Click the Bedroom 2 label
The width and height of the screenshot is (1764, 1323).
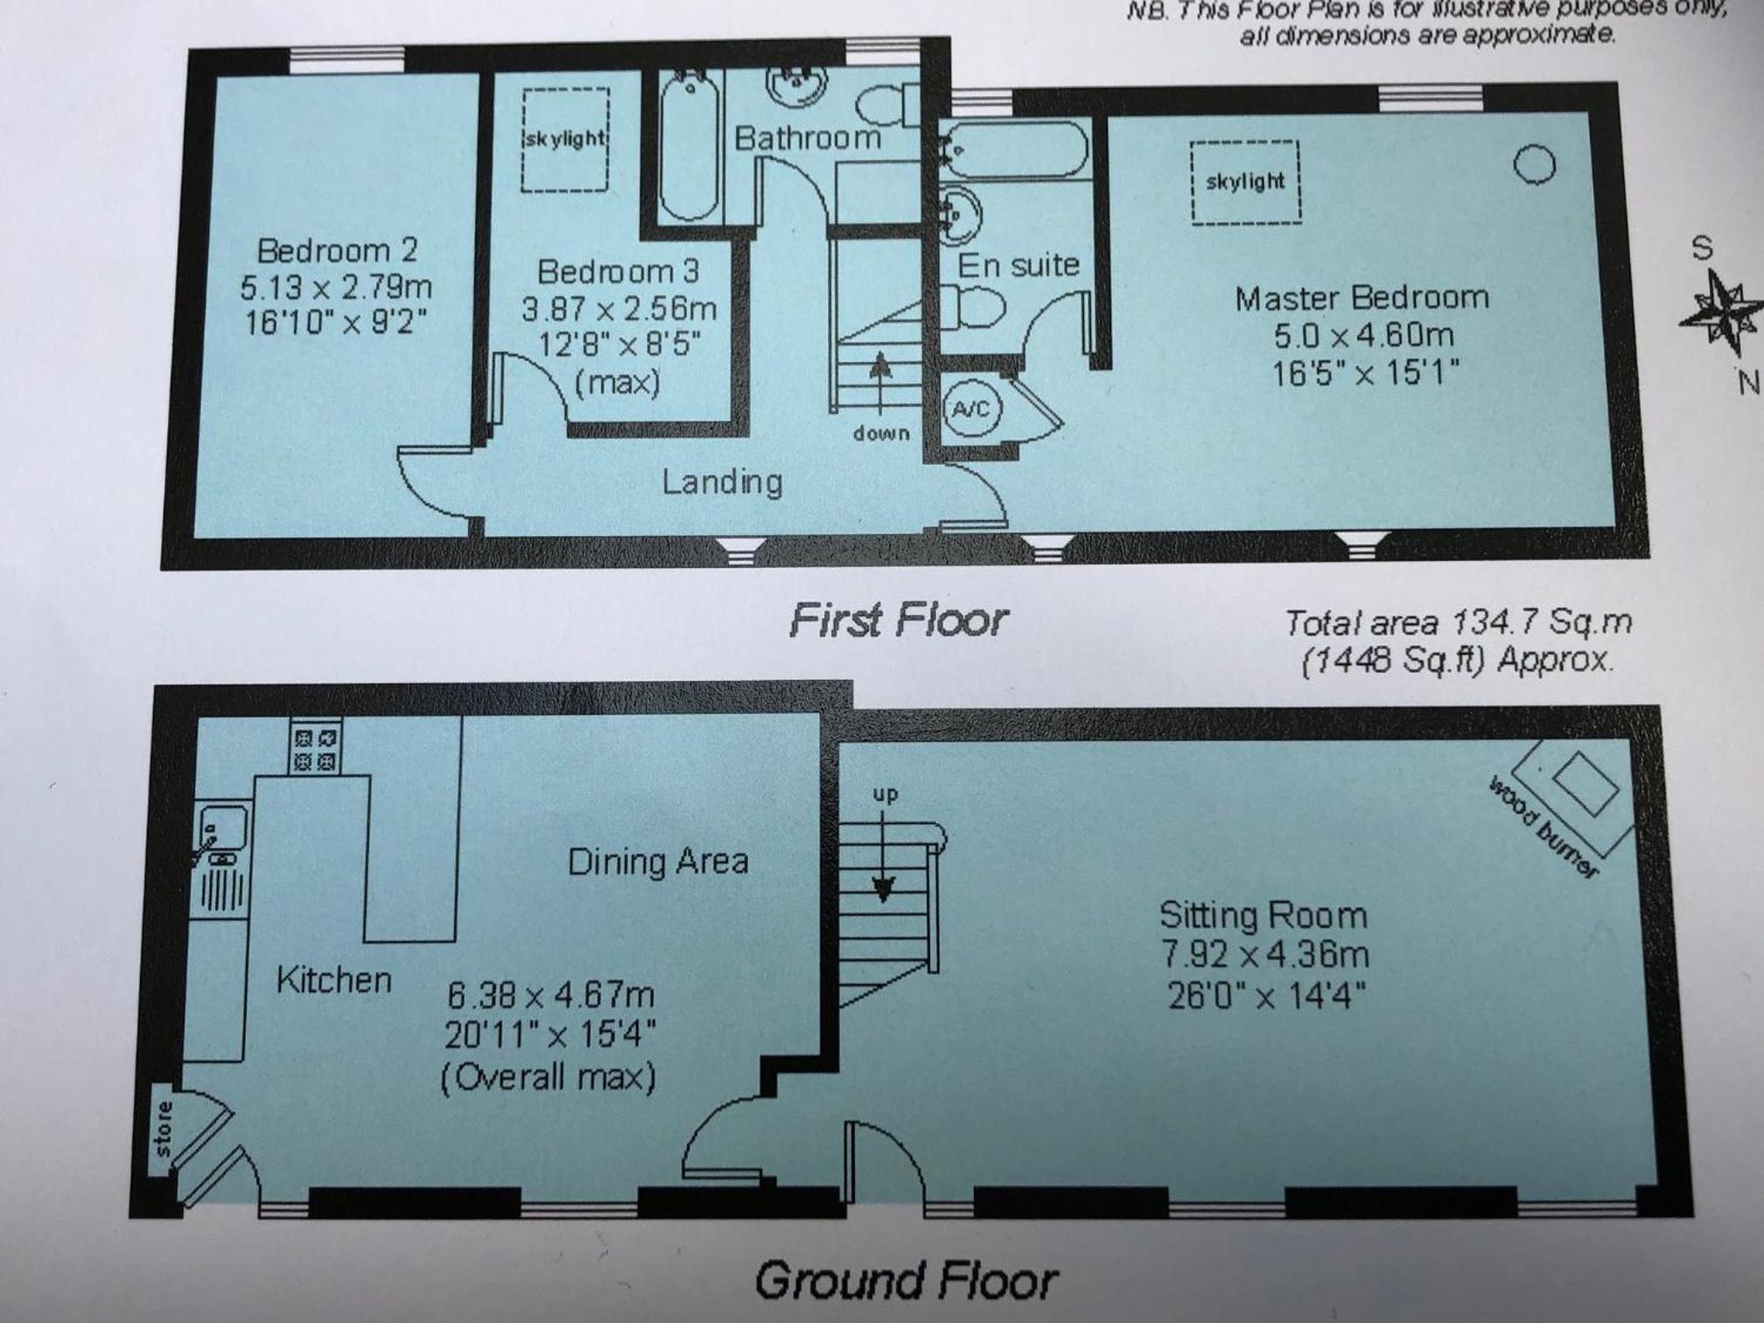click(x=337, y=251)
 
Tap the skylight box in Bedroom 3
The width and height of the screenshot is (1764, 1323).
click(x=566, y=139)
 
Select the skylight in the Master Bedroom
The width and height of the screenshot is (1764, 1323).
click(x=1245, y=182)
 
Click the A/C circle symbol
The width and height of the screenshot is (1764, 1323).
click(x=971, y=409)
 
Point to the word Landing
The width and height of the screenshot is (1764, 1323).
click(x=722, y=482)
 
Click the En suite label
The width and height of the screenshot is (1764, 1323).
click(x=1018, y=264)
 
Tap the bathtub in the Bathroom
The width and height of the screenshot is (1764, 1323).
click(x=689, y=147)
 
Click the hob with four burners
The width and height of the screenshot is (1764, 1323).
click(x=315, y=746)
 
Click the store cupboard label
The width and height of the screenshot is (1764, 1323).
click(x=163, y=1129)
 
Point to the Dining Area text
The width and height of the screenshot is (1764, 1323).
click(x=658, y=862)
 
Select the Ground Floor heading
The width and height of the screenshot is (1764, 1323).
click(x=906, y=1281)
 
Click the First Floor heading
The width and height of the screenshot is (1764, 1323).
click(x=899, y=620)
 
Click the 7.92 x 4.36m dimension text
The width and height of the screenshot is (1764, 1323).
click(x=1264, y=954)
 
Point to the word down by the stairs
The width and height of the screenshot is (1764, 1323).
click(x=881, y=433)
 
